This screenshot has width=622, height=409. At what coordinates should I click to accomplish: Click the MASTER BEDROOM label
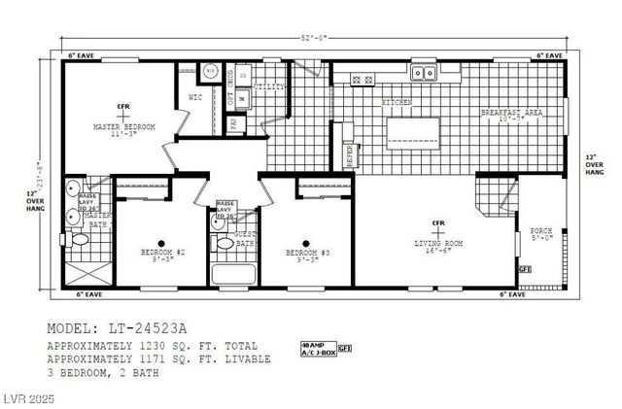122,127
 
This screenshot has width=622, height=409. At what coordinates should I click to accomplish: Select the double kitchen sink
423,71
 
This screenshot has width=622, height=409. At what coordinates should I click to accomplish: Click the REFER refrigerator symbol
351,156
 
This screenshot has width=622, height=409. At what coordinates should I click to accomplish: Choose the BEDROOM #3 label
305,254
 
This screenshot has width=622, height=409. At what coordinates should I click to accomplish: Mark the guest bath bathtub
233,274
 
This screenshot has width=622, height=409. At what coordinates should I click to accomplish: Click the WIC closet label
194,98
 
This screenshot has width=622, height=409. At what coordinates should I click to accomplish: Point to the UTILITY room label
269,87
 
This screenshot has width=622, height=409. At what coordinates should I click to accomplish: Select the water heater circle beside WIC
210,70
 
